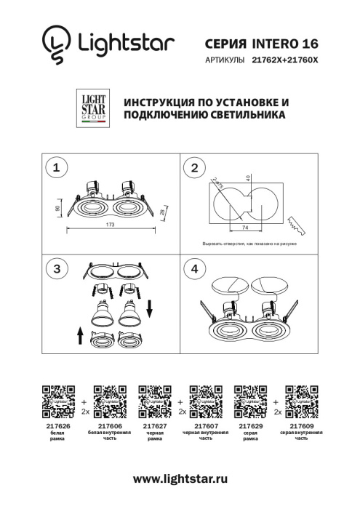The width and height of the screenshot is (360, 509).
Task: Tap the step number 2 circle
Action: point(195,168)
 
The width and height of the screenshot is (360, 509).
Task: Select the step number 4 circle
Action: point(195,269)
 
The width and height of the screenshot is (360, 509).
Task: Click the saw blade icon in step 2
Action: point(297,223)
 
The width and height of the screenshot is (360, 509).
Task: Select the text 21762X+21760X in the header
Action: point(285,62)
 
